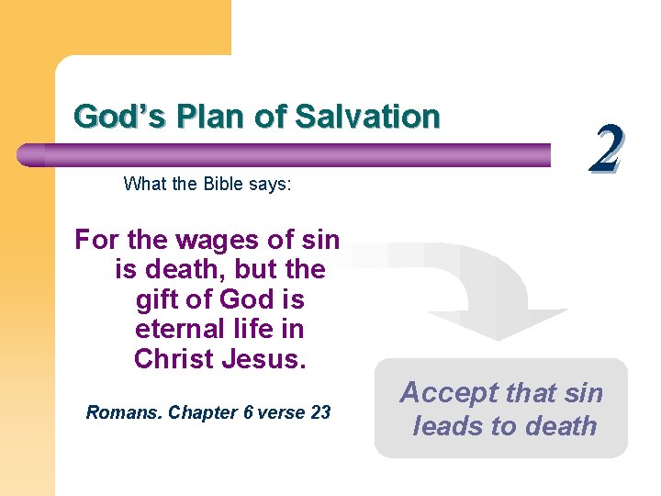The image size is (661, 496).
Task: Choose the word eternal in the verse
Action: pyautogui.click(x=178, y=329)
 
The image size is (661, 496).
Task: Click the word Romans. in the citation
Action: pyautogui.click(x=124, y=412)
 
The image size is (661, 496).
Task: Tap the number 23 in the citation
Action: pyautogui.click(x=320, y=412)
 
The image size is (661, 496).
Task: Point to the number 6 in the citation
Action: pyautogui.click(x=249, y=412)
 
